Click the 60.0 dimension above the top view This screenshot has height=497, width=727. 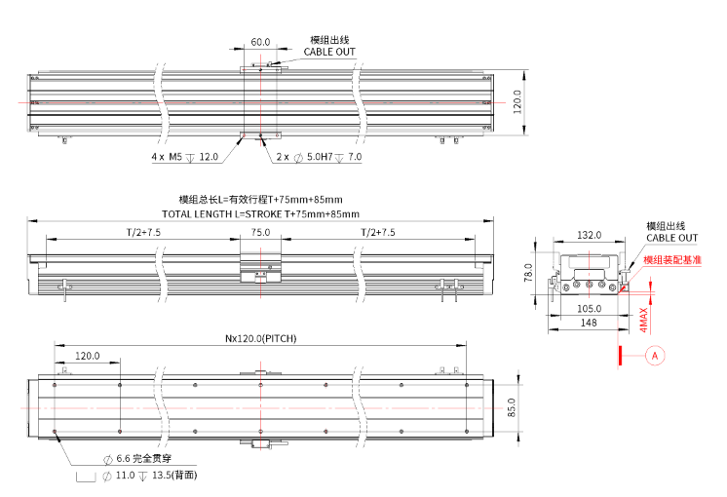click(x=260, y=43)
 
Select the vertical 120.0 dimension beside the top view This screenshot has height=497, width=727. click(x=517, y=101)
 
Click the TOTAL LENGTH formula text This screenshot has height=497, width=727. click(x=260, y=213)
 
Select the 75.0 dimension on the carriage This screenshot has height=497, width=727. click(x=260, y=233)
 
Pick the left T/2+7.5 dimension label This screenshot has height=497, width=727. click(x=143, y=233)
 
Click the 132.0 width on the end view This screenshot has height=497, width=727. click(x=589, y=235)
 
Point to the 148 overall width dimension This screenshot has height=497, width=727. click(x=588, y=322)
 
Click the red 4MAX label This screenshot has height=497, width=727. click(x=643, y=318)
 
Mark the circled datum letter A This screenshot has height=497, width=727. click(x=655, y=356)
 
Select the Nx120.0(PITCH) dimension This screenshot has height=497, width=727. click(x=260, y=338)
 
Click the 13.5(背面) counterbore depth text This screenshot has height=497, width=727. click(x=176, y=476)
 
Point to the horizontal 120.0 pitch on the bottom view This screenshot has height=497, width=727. click(x=88, y=357)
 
